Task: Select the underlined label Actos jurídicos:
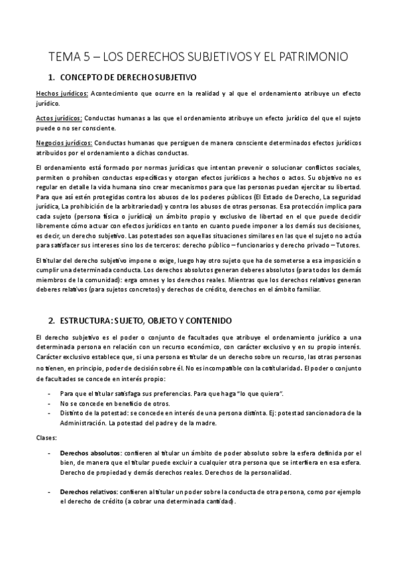59,118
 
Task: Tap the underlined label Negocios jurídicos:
64,143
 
